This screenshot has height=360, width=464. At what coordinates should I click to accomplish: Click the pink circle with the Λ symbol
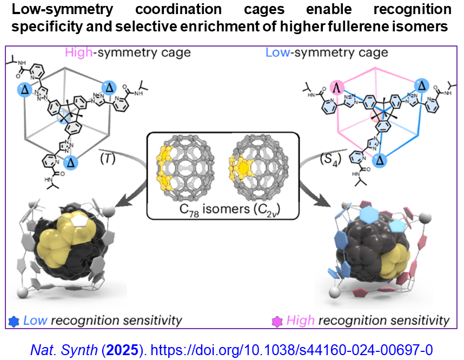point(336,87)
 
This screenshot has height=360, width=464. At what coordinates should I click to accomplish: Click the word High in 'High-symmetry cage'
point(77,53)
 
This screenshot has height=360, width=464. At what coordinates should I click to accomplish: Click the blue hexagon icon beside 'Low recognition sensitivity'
point(15,320)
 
